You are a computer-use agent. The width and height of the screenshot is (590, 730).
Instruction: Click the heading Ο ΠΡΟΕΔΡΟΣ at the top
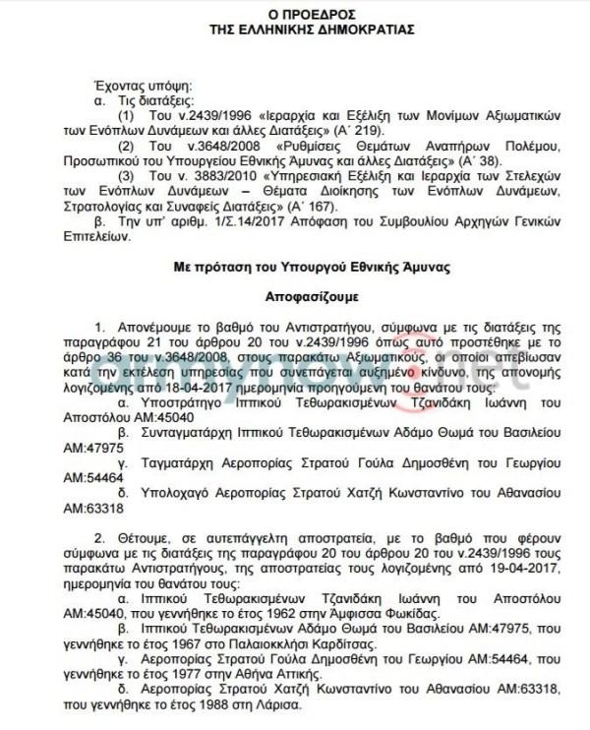[x=295, y=14]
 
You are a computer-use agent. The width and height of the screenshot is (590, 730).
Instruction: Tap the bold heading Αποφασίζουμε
[x=294, y=294]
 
